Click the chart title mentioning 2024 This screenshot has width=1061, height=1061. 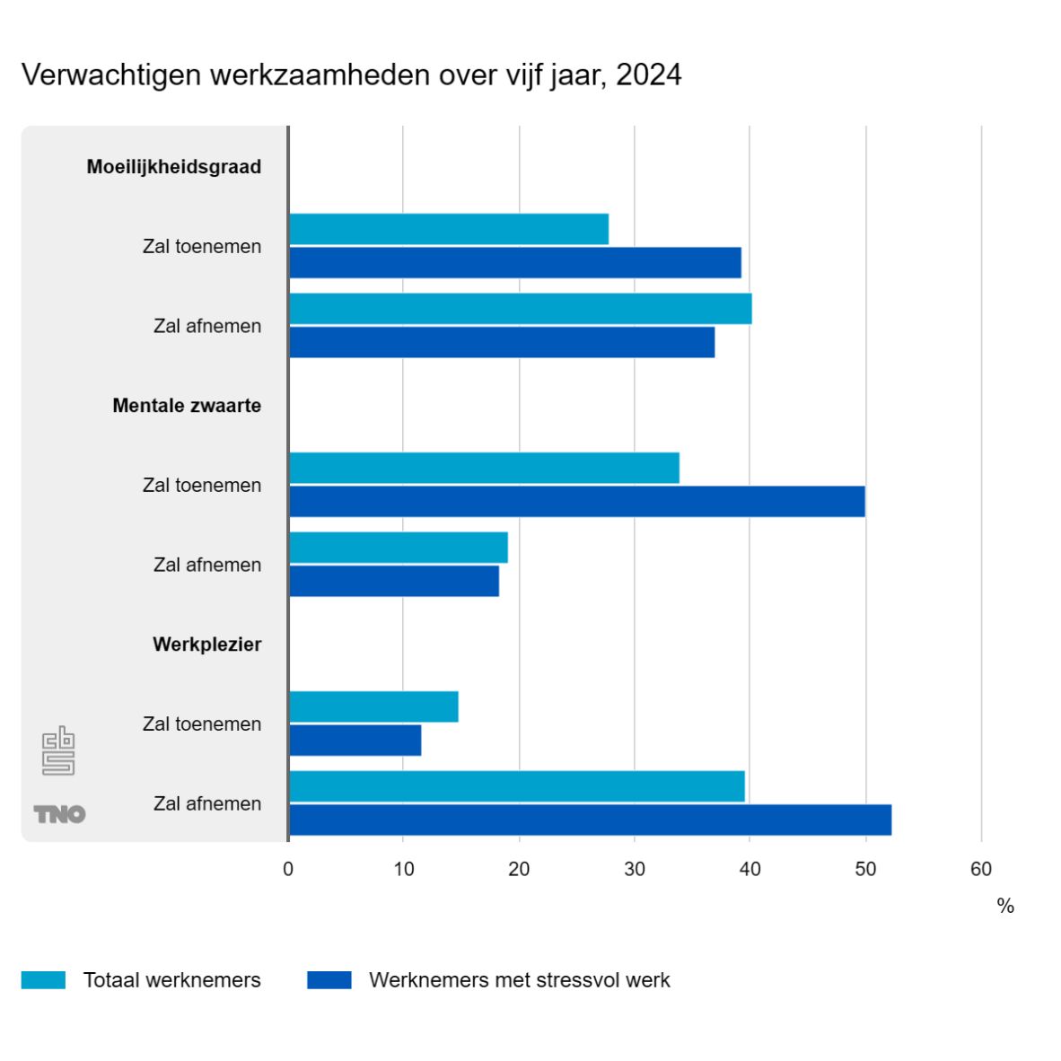click(351, 75)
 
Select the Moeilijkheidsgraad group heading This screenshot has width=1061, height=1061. click(174, 167)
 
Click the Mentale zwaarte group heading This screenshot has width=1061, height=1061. click(187, 406)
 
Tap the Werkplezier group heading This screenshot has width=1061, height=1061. click(206, 644)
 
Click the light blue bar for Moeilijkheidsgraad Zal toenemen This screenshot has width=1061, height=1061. click(449, 229)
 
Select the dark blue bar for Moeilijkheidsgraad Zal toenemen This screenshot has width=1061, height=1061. click(514, 263)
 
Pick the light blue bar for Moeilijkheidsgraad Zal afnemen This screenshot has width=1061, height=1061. click(520, 309)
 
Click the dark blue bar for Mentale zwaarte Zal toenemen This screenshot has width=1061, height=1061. click(576, 502)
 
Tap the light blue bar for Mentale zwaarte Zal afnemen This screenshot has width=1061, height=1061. click(398, 548)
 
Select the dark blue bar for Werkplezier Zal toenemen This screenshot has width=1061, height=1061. click(355, 741)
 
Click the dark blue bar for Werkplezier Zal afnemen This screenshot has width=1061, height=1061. click(590, 820)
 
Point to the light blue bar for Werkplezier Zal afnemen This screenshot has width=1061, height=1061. click(516, 786)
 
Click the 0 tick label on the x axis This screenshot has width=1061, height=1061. click(288, 869)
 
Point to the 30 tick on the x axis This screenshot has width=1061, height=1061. click(635, 869)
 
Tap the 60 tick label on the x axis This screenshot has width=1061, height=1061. click(981, 869)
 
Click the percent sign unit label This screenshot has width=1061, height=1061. click(1005, 907)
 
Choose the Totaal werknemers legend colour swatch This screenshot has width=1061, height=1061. click(43, 980)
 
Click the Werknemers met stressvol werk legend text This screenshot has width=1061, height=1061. click(519, 980)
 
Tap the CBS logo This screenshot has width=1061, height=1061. click(58, 750)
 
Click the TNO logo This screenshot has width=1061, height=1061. click(59, 814)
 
